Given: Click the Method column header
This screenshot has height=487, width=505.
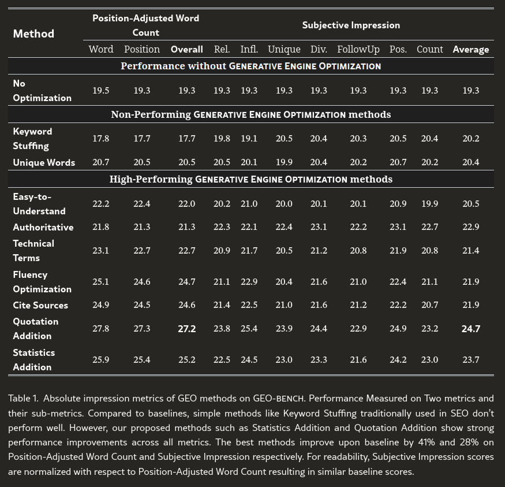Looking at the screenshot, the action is coord(33,34).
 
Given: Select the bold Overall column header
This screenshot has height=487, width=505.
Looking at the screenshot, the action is coord(187,49).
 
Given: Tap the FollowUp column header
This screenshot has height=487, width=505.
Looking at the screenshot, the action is coord(358,49).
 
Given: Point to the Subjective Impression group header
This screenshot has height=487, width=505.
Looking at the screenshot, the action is coord(351,25).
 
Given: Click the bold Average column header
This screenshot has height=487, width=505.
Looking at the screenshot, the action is coord(471,49).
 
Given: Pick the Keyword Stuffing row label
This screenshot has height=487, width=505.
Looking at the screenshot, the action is coord(32,139).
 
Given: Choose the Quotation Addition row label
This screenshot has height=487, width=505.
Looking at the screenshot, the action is coord(35,329).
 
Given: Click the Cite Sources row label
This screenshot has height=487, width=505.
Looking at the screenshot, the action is coord(40,305).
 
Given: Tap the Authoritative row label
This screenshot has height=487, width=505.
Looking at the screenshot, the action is coord(43,227).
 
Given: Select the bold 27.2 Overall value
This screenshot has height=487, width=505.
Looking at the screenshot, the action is coord(187,329).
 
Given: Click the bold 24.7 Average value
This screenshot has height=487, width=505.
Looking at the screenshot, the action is coord(471,329).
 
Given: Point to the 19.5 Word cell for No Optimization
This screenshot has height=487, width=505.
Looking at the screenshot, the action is coord(101,91).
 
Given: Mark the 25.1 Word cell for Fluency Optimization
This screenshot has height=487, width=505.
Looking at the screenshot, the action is coord(101,282).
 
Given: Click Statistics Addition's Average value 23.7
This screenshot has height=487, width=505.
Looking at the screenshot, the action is coord(471,360).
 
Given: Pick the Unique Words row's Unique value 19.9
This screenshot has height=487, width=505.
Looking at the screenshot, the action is coord(284,162).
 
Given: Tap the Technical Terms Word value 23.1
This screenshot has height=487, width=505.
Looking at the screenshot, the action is coord(101,251).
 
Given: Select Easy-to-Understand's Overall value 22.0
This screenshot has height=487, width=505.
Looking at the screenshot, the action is coord(187,204).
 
